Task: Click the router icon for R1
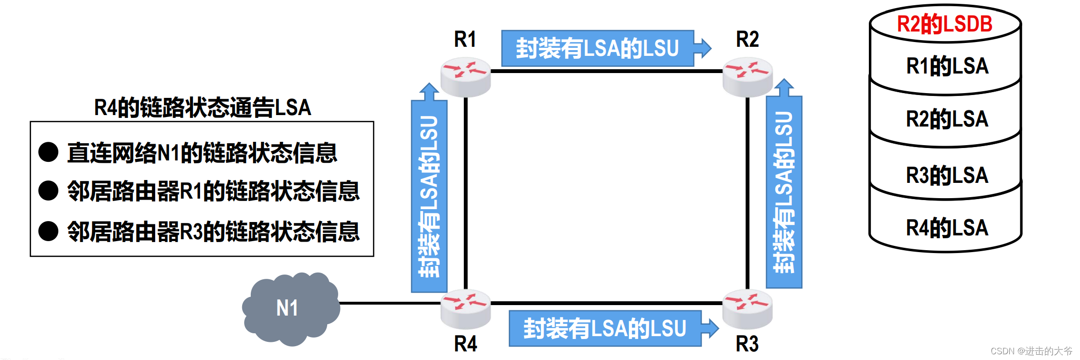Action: (x=465, y=76)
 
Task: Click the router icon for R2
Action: (x=748, y=76)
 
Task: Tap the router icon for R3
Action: (x=748, y=308)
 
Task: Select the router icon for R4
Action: (x=465, y=308)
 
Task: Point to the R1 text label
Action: (x=465, y=39)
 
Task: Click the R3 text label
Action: (x=747, y=344)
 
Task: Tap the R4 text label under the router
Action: (x=465, y=344)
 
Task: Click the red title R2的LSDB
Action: (x=944, y=24)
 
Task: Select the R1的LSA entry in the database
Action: (x=947, y=66)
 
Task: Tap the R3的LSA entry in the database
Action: (x=947, y=175)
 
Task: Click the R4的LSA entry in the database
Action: (x=947, y=228)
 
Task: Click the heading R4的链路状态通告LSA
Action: (x=203, y=107)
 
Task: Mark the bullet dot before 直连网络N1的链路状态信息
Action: (x=48, y=152)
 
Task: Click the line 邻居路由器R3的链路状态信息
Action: (x=213, y=232)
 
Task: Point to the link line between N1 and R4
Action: (x=389, y=303)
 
